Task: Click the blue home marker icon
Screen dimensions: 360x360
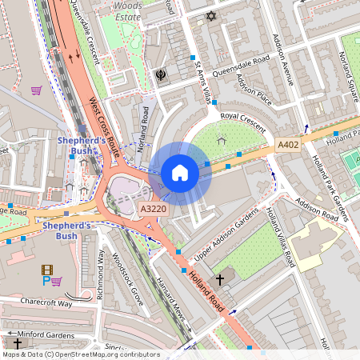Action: point(180,173)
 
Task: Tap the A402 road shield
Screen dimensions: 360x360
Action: point(288,145)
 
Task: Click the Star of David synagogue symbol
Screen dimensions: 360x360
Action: point(211,16)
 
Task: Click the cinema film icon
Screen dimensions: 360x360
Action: point(46,270)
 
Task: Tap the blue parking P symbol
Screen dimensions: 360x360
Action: point(45,282)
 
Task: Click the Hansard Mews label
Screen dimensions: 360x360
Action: point(170,302)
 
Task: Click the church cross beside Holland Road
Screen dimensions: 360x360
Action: point(219,278)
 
